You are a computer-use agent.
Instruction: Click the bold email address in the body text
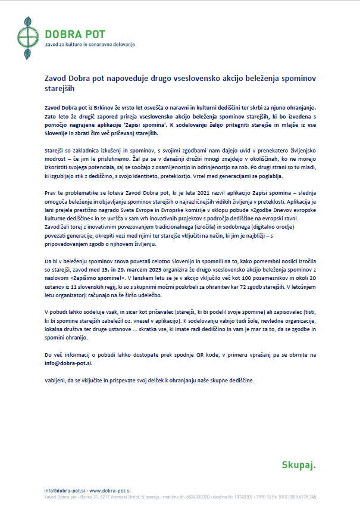tap(68, 363)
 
